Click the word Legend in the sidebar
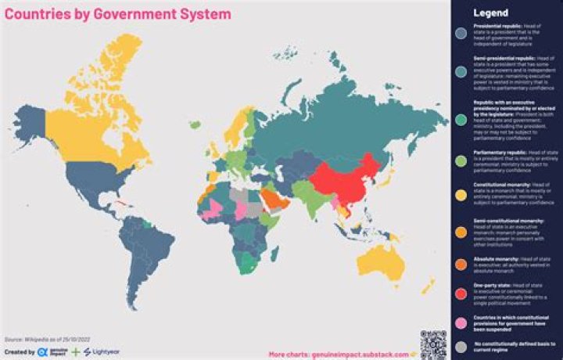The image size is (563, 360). coord(490,13)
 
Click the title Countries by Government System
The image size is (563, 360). coord(118,14)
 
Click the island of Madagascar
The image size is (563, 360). coord(274,254)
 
